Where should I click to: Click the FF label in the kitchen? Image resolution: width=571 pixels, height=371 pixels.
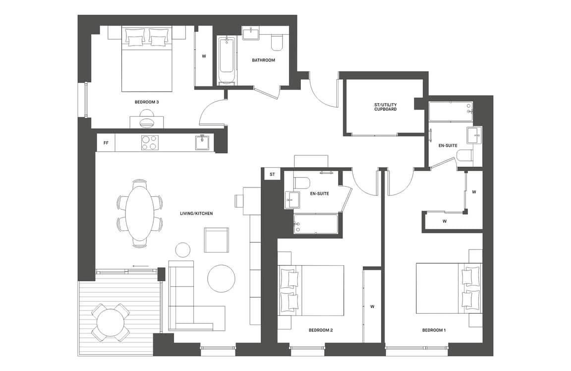point(106,143)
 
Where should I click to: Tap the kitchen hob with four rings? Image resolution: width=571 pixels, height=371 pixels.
point(150,142)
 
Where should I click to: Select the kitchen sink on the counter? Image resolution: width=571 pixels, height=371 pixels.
point(204,142)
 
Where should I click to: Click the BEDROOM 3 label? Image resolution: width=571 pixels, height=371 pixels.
point(147,102)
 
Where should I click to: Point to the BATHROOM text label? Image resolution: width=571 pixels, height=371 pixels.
point(263,60)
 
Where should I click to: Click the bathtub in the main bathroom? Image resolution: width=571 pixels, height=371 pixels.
point(227,60)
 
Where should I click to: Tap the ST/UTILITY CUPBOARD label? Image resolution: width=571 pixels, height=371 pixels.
point(385,107)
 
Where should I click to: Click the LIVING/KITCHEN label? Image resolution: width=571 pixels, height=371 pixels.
point(196,214)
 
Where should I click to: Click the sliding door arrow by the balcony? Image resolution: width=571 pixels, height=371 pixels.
point(141,266)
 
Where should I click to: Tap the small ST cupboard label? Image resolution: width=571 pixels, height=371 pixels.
point(272,175)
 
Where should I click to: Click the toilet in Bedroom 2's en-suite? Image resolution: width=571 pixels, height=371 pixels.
point(302,183)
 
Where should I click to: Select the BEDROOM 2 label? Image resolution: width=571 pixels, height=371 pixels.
point(321,330)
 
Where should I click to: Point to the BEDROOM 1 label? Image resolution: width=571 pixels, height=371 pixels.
point(434,330)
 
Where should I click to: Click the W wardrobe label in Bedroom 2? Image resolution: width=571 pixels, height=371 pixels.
point(372,307)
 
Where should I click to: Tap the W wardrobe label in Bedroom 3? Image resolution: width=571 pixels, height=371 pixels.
point(204,56)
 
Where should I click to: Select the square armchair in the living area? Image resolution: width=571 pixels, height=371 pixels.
point(216,240)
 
